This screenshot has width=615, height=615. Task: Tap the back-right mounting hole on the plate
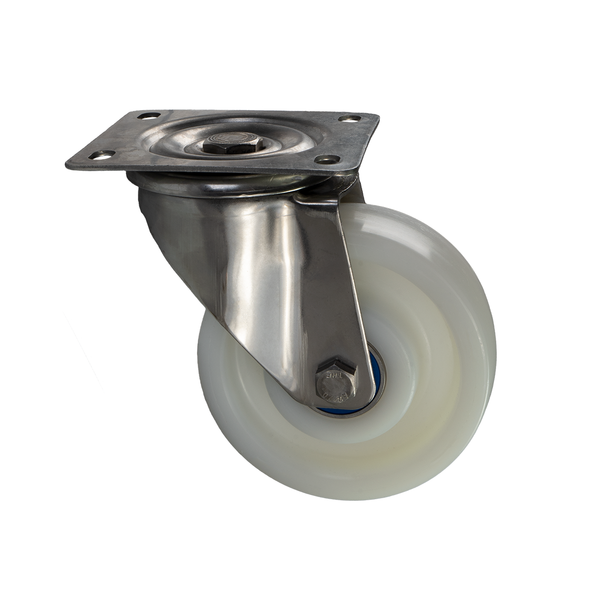click(x=350, y=121)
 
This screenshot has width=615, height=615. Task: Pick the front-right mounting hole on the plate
click(x=328, y=159)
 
